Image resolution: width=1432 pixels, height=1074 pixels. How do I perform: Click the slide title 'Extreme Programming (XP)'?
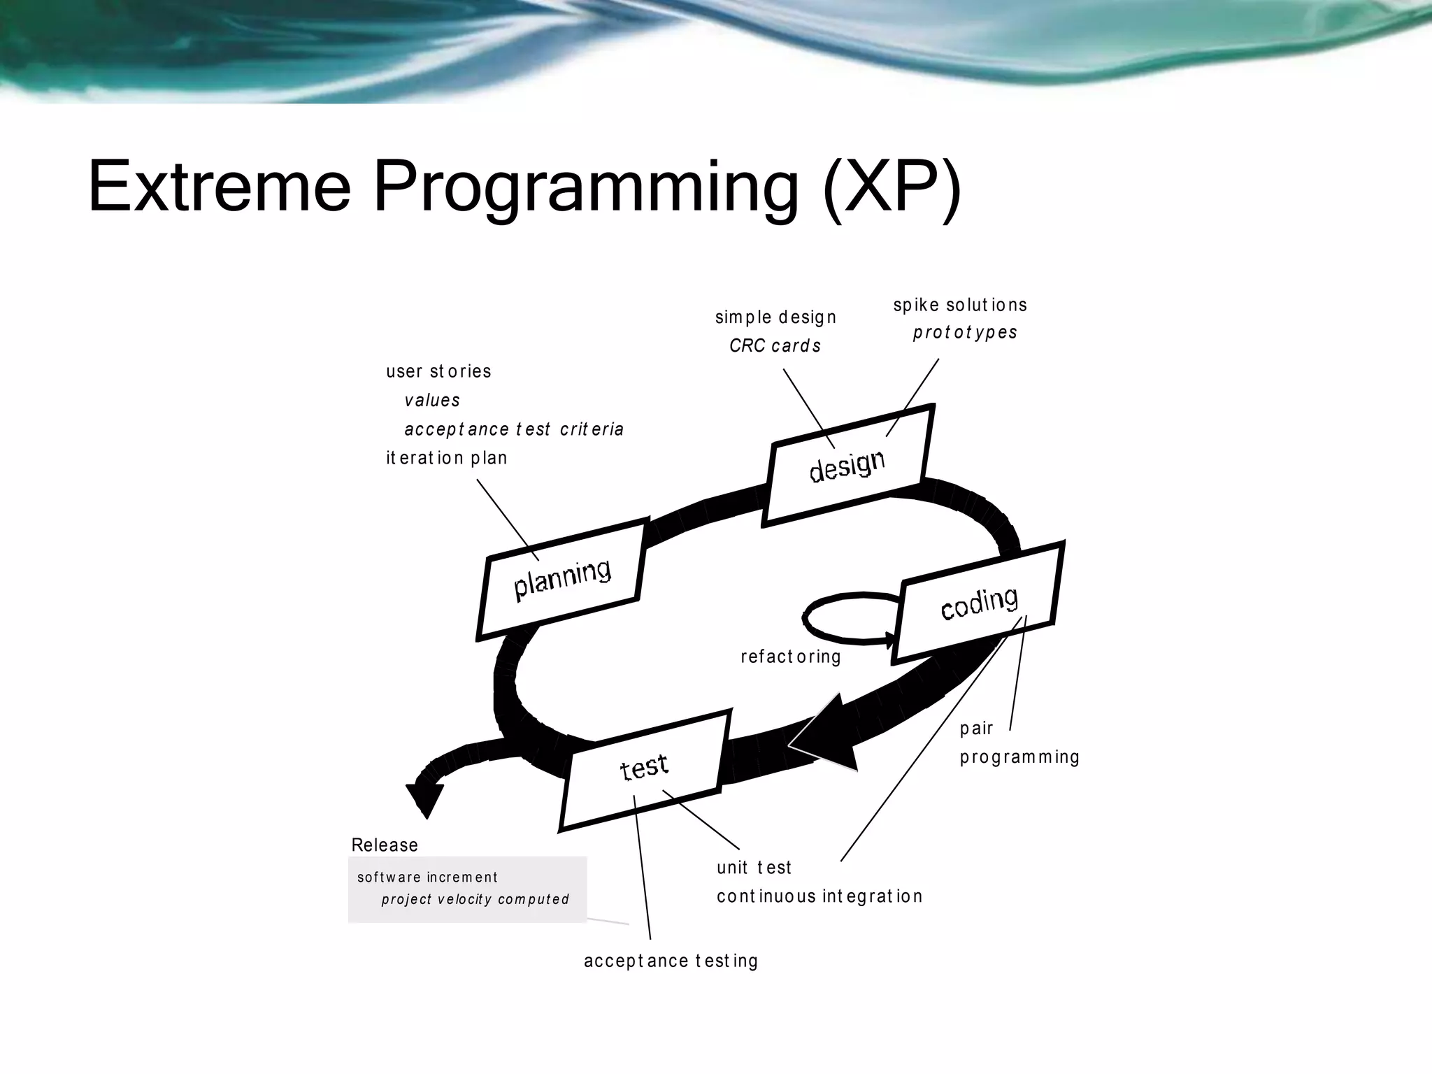pyautogui.click(x=524, y=187)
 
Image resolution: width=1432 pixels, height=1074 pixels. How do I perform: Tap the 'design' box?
pyautogui.click(x=847, y=465)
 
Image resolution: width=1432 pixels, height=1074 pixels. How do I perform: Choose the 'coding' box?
pyautogui.click(x=979, y=603)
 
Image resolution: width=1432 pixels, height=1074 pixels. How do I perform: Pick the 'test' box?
pyautogui.click(x=644, y=768)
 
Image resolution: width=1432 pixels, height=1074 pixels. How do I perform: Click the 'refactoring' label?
pyautogui.click(x=791, y=657)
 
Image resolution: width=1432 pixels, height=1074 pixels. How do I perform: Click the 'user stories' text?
pyautogui.click(x=438, y=371)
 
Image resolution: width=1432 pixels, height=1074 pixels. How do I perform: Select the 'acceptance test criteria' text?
pyautogui.click(x=514, y=429)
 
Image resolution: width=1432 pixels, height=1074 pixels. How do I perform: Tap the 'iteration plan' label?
pyautogui.click(x=447, y=458)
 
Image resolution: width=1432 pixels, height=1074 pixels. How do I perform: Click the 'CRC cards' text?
pyautogui.click(x=775, y=345)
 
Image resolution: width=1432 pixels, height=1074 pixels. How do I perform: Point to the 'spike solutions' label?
pyautogui.click(x=960, y=305)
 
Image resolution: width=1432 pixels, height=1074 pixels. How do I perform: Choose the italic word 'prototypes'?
pyautogui.click(x=965, y=332)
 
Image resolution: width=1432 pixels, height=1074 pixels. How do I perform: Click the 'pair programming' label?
pyautogui.click(x=1019, y=743)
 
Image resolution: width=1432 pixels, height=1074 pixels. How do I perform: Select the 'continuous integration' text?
pyautogui.click(x=819, y=896)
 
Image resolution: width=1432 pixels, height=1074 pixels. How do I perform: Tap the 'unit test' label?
pyautogui.click(x=754, y=868)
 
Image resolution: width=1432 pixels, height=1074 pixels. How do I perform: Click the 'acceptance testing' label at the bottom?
pyautogui.click(x=671, y=961)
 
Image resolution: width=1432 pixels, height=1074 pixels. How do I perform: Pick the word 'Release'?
pyautogui.click(x=385, y=845)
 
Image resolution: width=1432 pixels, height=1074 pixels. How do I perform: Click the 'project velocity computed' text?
pyautogui.click(x=475, y=899)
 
